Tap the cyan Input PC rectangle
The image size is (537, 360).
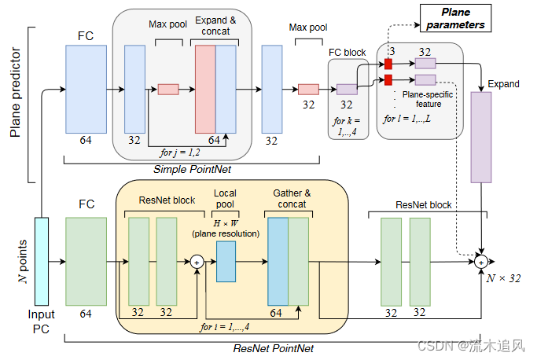point(41,260)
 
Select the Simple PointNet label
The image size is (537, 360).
point(193,170)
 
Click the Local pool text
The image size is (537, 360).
point(225,198)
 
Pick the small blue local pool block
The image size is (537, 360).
point(226,261)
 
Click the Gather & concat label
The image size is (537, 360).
point(292,198)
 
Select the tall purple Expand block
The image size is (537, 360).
point(480,137)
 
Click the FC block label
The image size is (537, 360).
point(347,53)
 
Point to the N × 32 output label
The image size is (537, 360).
point(502,277)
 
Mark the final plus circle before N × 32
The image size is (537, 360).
point(480,261)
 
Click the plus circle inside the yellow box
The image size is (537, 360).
point(197,261)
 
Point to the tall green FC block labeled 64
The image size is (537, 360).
point(86,261)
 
